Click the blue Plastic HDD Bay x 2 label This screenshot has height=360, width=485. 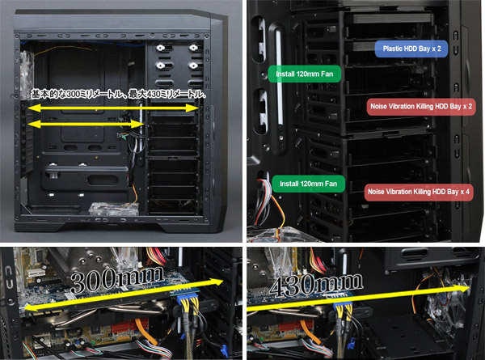tap(411, 49)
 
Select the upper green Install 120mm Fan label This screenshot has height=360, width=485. tap(305, 74)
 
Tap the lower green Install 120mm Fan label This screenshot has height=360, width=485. tap(309, 184)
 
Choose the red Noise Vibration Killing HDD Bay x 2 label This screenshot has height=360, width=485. tap(421, 107)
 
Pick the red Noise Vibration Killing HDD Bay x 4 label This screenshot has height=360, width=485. tap(419, 192)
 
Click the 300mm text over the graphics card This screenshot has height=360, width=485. tap(117, 279)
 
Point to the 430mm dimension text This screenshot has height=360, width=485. tap(316, 283)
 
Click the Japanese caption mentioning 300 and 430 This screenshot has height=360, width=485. tap(119, 94)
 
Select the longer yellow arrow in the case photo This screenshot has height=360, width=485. tap(113, 108)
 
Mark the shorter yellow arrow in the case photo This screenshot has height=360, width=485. tap(86, 124)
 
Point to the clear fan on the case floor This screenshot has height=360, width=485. tap(113, 209)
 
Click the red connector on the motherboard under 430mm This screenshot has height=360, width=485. tap(291, 328)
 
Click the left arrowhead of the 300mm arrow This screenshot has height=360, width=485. tap(31, 308)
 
